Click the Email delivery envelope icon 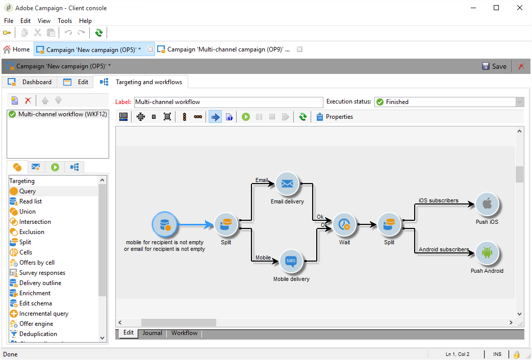(287, 184)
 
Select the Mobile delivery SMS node (291, 262)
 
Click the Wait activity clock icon (344, 224)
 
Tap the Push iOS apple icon (487, 204)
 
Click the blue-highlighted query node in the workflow (165, 224)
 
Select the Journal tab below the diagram (152, 333)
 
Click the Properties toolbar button (335, 117)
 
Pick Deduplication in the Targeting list (38, 334)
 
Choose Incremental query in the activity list (43, 314)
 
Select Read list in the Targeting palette (31, 201)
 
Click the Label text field (228, 102)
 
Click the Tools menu (65, 21)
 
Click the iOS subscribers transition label (439, 200)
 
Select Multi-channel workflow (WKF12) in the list (58, 114)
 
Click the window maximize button (496, 8)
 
